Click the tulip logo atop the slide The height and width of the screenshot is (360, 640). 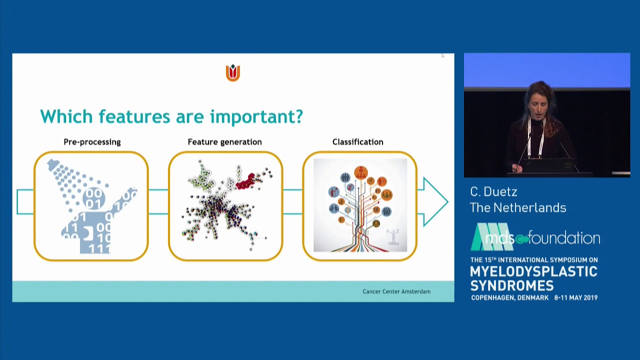click(232, 72)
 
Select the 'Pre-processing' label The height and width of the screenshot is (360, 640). click(92, 142)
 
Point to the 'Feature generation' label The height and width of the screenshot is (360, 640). click(224, 142)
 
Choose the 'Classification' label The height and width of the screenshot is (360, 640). click(357, 142)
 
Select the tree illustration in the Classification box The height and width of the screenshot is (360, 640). click(360, 205)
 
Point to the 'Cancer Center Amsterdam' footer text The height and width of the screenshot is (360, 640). click(396, 291)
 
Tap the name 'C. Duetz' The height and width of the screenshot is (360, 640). click(493, 192)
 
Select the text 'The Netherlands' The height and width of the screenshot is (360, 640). click(518, 208)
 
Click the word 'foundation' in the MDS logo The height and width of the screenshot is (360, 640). click(564, 238)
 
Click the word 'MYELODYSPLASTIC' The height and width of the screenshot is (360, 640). click(533, 272)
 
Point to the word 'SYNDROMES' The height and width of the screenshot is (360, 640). click(511, 285)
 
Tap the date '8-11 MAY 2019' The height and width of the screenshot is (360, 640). click(575, 298)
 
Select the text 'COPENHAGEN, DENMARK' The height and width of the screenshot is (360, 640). click(509, 298)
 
